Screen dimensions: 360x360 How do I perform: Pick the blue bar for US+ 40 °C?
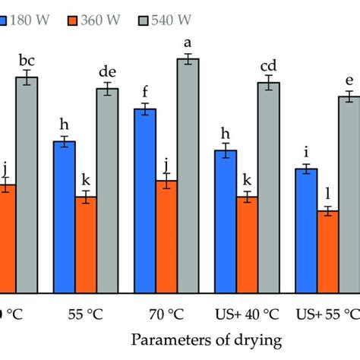click(226, 221)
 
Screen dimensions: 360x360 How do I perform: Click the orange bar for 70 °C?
click(166, 236)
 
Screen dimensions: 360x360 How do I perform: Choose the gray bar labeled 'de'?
click(107, 191)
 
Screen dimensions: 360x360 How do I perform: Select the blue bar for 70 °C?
click(144, 201)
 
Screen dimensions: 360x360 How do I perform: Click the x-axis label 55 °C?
click(85, 313)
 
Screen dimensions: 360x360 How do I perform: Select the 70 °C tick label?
click(166, 313)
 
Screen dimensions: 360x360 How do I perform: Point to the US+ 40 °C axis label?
click(247, 313)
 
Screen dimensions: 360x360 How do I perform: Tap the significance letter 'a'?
click(188, 44)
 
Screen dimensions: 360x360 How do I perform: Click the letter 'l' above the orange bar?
click(328, 194)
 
